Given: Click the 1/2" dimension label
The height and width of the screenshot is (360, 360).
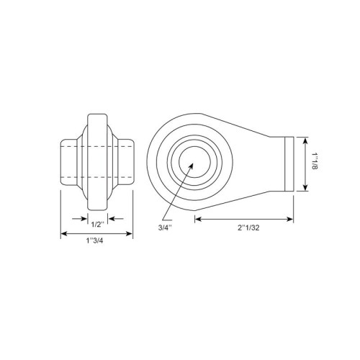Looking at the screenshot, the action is click(x=98, y=225).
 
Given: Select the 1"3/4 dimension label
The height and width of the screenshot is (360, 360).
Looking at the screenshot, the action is click(x=94, y=240).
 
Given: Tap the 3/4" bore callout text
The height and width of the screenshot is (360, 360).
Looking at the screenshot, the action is click(x=166, y=228).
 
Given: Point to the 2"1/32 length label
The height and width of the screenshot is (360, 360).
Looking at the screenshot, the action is click(x=248, y=228).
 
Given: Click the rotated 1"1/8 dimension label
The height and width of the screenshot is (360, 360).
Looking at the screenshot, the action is click(x=315, y=161).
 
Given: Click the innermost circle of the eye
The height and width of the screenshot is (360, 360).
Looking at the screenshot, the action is click(x=195, y=162).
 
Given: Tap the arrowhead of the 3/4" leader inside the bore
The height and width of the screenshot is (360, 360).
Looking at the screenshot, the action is click(x=191, y=166).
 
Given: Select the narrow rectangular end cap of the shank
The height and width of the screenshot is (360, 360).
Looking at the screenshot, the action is click(x=289, y=164).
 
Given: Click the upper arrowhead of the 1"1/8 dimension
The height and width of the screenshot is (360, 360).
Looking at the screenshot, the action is click(x=305, y=140).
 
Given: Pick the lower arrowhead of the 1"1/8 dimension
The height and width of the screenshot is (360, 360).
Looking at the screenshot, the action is click(x=305, y=187).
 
